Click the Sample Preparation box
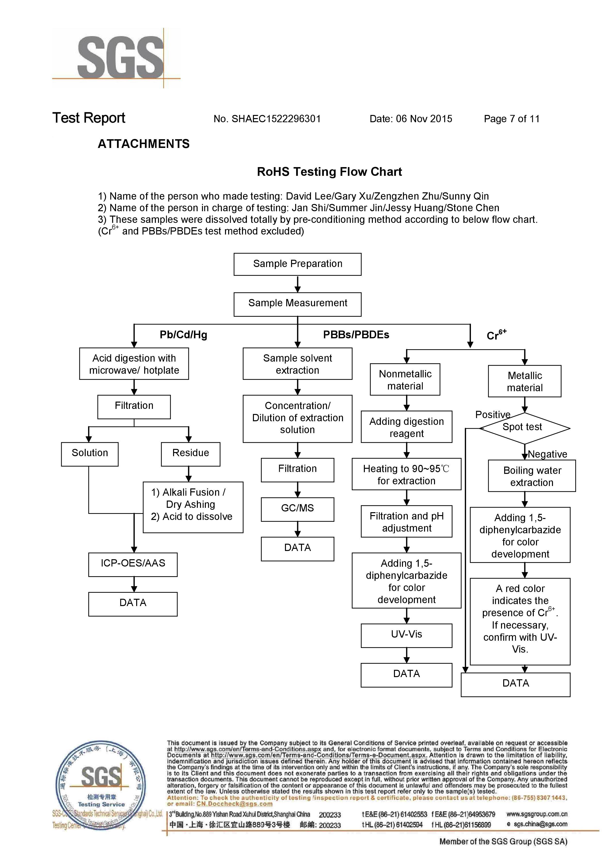[297, 264]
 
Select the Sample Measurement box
[297, 304]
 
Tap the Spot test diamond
[525, 428]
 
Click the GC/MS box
[297, 509]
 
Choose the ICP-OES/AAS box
[133, 565]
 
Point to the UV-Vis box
[406, 636]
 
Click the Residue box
[191, 454]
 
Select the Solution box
[90, 454]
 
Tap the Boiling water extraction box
[532, 476]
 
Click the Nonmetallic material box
[405, 379]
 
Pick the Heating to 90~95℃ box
[406, 474]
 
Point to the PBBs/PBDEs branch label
[356, 335]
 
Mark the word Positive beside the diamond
[493, 414]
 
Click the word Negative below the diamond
[548, 454]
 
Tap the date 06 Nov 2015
[424, 119]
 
